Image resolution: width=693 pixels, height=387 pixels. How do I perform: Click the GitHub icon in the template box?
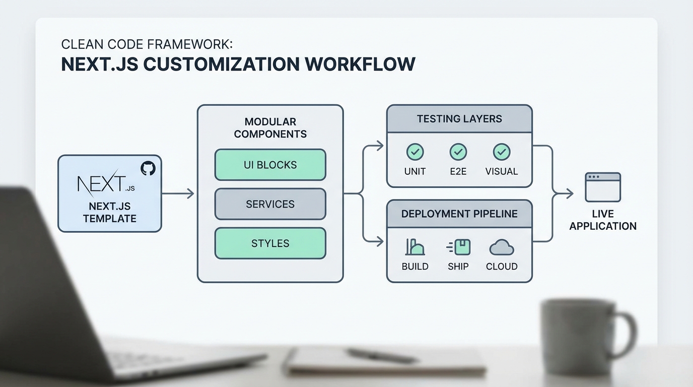click(148, 168)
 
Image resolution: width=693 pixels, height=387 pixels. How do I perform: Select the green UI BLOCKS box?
click(270, 165)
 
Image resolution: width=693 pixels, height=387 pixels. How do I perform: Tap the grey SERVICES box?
click(270, 204)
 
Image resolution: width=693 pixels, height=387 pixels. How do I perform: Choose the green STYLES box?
click(270, 243)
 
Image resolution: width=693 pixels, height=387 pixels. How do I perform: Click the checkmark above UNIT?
click(414, 152)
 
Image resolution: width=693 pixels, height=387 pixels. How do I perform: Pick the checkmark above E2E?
click(458, 152)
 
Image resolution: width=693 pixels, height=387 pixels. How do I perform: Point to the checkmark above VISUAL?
click(501, 152)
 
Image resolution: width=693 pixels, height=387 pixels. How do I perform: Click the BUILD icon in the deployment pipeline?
click(414, 247)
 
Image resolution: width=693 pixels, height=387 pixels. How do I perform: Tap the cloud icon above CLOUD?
click(501, 247)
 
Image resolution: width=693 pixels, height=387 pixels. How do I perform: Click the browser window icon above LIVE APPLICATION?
click(602, 187)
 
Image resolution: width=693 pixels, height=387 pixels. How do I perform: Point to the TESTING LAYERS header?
click(459, 119)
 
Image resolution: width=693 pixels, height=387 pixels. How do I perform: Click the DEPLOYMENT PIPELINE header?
click(459, 214)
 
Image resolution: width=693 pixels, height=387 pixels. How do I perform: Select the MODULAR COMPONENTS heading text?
click(270, 127)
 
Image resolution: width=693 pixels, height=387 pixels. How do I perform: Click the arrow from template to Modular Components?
click(178, 193)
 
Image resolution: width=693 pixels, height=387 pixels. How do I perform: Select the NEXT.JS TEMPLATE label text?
click(109, 212)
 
